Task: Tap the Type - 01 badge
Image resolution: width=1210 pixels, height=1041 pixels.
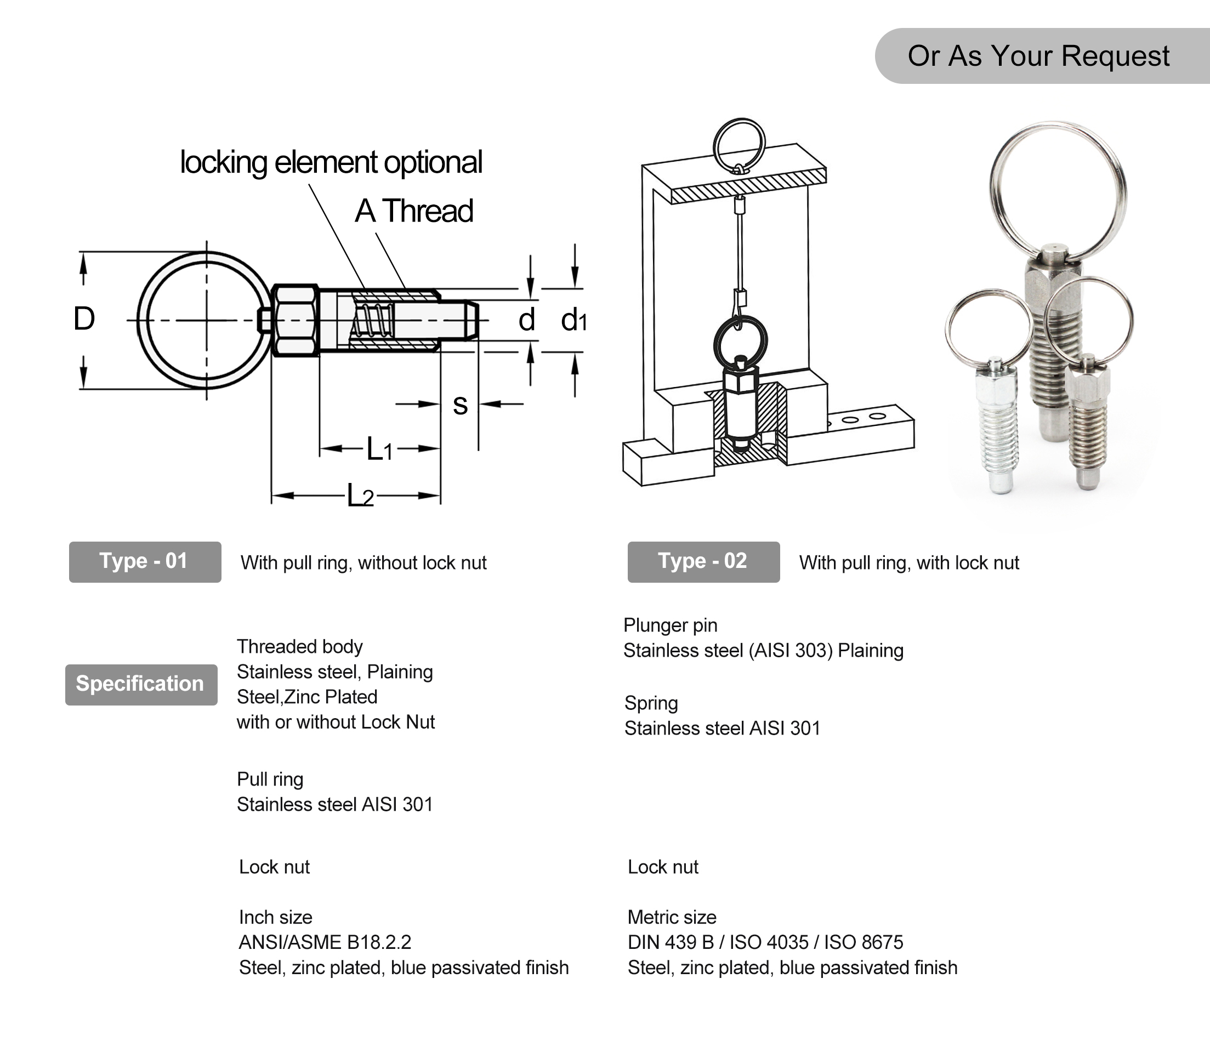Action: point(145,561)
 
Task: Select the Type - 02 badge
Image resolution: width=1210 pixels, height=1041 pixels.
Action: point(703,561)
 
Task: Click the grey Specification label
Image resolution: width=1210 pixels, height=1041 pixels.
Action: point(141,684)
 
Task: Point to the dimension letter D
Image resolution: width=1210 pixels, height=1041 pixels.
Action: point(84,319)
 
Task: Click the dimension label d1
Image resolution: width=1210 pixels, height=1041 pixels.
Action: point(573,320)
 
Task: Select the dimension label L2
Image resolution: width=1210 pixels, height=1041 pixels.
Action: point(360,495)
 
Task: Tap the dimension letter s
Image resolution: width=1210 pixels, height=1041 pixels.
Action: point(460,405)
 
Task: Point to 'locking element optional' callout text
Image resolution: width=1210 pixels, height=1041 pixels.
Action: point(331,162)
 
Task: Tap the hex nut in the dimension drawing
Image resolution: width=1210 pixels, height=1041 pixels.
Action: point(295,320)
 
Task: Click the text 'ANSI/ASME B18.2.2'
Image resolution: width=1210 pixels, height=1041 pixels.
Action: point(325,942)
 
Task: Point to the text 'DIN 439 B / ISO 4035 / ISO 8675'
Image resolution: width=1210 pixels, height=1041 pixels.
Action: point(765,942)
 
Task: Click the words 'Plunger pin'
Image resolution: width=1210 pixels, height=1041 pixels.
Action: point(670,625)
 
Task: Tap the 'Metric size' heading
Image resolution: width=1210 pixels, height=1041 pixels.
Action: point(672,917)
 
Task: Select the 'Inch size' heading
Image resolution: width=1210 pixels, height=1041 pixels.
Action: point(275,917)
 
